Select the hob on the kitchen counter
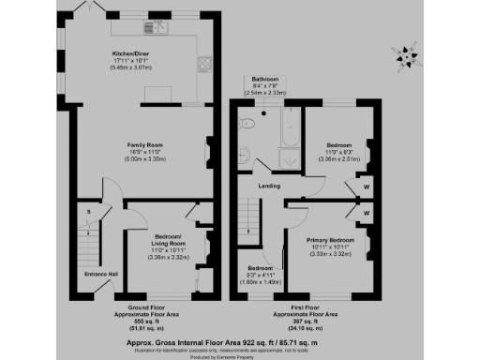point(203,65)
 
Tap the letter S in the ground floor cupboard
point(89,212)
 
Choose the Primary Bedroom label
point(329,241)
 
